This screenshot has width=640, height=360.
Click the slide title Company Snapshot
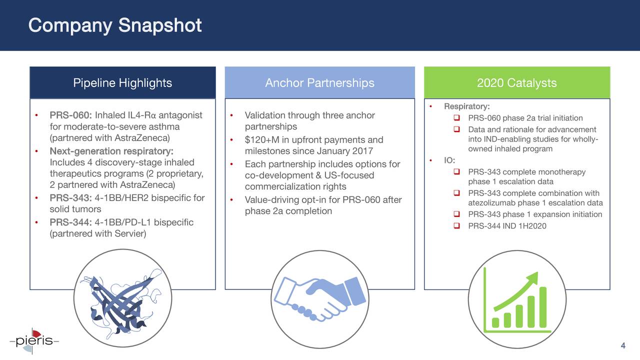(x=115, y=25)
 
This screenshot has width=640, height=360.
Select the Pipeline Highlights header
(x=122, y=83)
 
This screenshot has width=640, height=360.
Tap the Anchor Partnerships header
(x=319, y=83)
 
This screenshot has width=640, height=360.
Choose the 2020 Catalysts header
(x=516, y=83)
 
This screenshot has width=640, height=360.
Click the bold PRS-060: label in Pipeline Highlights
(x=70, y=115)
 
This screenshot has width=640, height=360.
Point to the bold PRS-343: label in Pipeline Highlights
(x=70, y=198)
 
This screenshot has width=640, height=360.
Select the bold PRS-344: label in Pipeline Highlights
(x=70, y=222)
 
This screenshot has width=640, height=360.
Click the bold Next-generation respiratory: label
(x=111, y=151)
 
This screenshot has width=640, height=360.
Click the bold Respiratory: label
(x=466, y=106)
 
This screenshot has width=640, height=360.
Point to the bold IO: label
(x=449, y=160)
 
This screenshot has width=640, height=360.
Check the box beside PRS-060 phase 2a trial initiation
(x=456, y=118)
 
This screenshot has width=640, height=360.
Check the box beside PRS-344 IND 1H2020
(x=456, y=226)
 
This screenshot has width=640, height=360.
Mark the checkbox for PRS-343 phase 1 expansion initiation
(x=456, y=214)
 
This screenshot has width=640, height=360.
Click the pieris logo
(x=34, y=341)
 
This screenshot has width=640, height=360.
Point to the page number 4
(x=623, y=346)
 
